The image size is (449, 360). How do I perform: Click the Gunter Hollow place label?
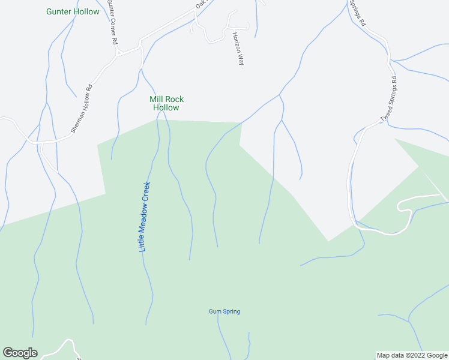tap(73, 11)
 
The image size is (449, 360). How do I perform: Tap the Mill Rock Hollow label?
tap(166, 103)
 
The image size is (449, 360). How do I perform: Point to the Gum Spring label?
tap(224, 311)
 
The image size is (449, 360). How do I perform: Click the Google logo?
tap(20, 353)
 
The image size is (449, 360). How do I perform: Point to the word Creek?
tap(145, 193)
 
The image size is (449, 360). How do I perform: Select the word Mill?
tap(157, 99)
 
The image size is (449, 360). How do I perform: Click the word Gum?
tap(215, 311)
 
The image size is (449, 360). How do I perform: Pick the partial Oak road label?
tap(200, 4)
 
